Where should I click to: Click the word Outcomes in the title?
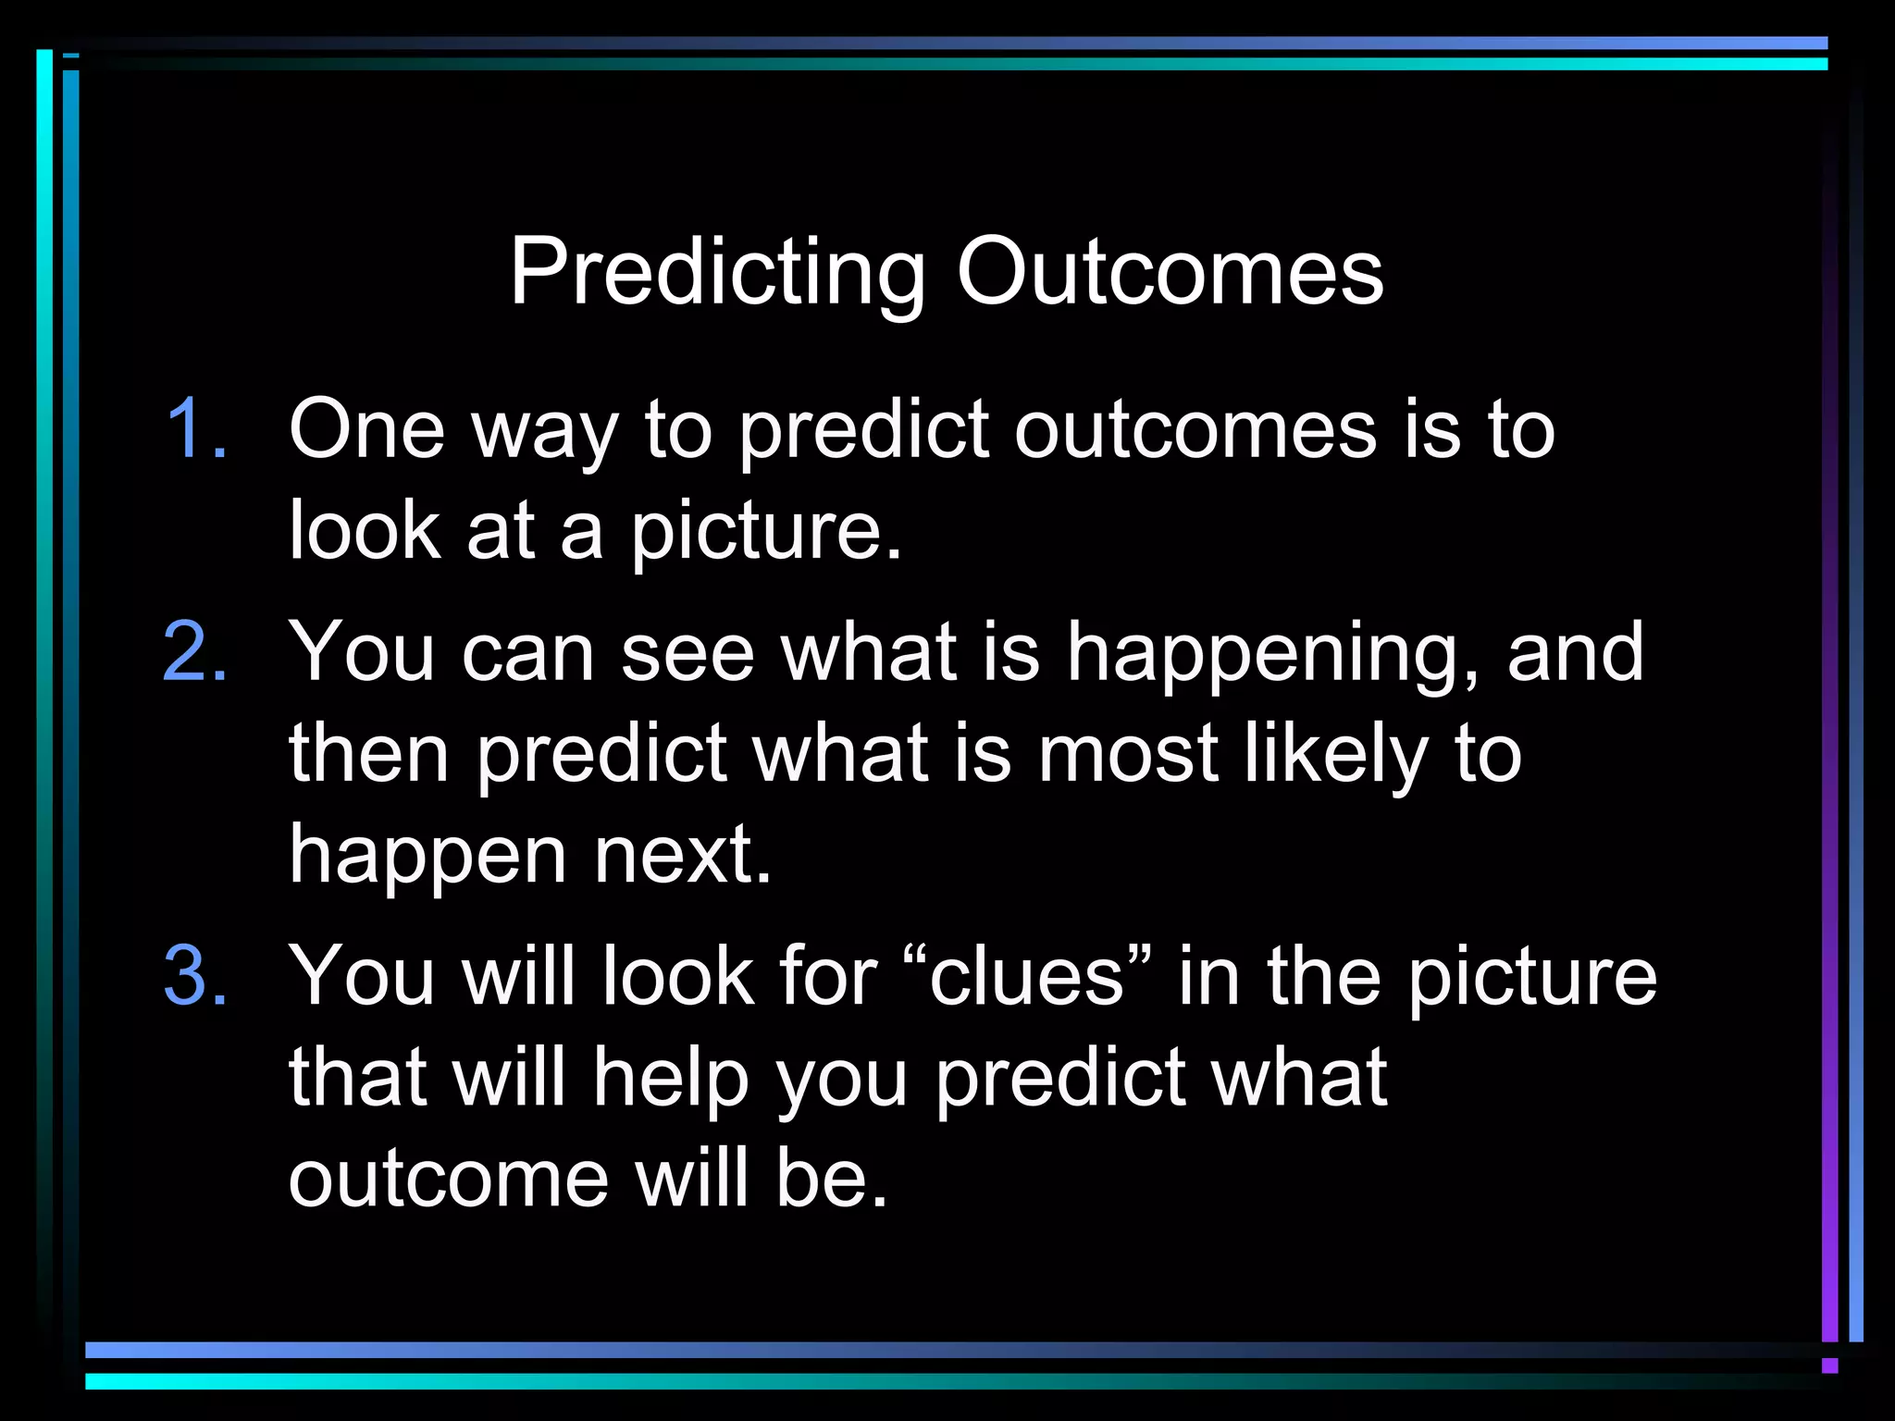coord(1170,272)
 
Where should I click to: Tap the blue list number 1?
coord(196,428)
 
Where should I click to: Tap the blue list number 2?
coord(195,652)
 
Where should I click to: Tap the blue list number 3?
coord(195,976)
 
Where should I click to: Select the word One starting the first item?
coord(366,428)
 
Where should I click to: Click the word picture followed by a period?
coord(766,532)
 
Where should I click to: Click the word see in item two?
coord(687,652)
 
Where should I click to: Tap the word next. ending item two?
coord(682,855)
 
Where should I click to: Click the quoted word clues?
coord(1027,976)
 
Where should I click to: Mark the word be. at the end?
coord(832,1179)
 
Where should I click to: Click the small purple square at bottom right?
coord(1829,1365)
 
